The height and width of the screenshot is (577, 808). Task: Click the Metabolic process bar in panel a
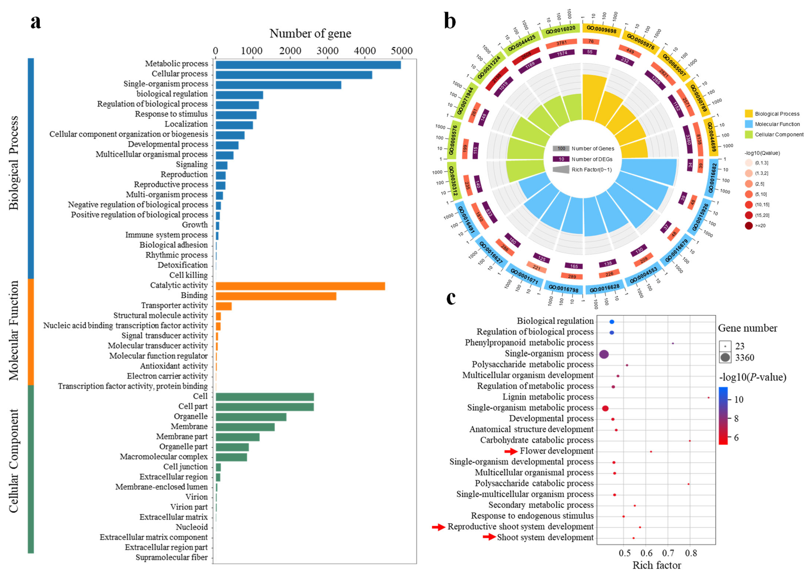point(308,65)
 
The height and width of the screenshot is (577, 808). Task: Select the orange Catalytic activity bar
point(300,286)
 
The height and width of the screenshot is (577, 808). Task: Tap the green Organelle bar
point(251,417)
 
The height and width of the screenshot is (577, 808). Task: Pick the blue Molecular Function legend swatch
point(749,124)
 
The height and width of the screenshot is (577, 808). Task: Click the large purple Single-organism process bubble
point(604,354)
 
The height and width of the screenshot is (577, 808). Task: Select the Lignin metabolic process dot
point(708,398)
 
